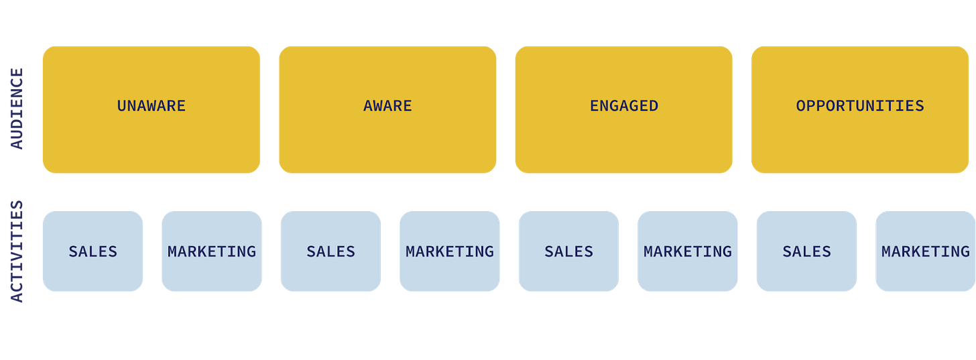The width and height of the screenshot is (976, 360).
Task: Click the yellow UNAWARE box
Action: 151,109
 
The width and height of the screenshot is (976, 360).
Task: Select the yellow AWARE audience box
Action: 387,109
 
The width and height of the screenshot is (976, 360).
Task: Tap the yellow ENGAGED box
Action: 623,109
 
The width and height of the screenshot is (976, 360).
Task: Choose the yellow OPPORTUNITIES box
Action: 860,109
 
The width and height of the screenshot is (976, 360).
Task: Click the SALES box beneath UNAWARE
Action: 93,251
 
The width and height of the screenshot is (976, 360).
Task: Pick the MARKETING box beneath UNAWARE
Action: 212,251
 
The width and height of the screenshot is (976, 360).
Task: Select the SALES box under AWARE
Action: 330,251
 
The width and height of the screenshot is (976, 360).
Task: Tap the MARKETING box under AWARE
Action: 450,251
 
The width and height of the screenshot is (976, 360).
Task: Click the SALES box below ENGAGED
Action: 568,251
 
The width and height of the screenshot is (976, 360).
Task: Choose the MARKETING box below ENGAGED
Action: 688,251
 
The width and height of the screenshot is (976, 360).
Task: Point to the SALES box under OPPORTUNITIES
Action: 806,251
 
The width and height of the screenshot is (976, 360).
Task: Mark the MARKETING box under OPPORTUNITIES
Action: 925,251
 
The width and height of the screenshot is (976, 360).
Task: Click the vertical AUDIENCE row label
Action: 16,109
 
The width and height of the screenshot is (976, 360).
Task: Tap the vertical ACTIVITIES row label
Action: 16,251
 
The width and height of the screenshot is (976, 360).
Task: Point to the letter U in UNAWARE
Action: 122,106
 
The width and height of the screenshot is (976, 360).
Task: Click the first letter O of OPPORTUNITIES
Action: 801,106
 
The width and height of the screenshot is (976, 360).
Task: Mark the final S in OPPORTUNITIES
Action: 919,106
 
